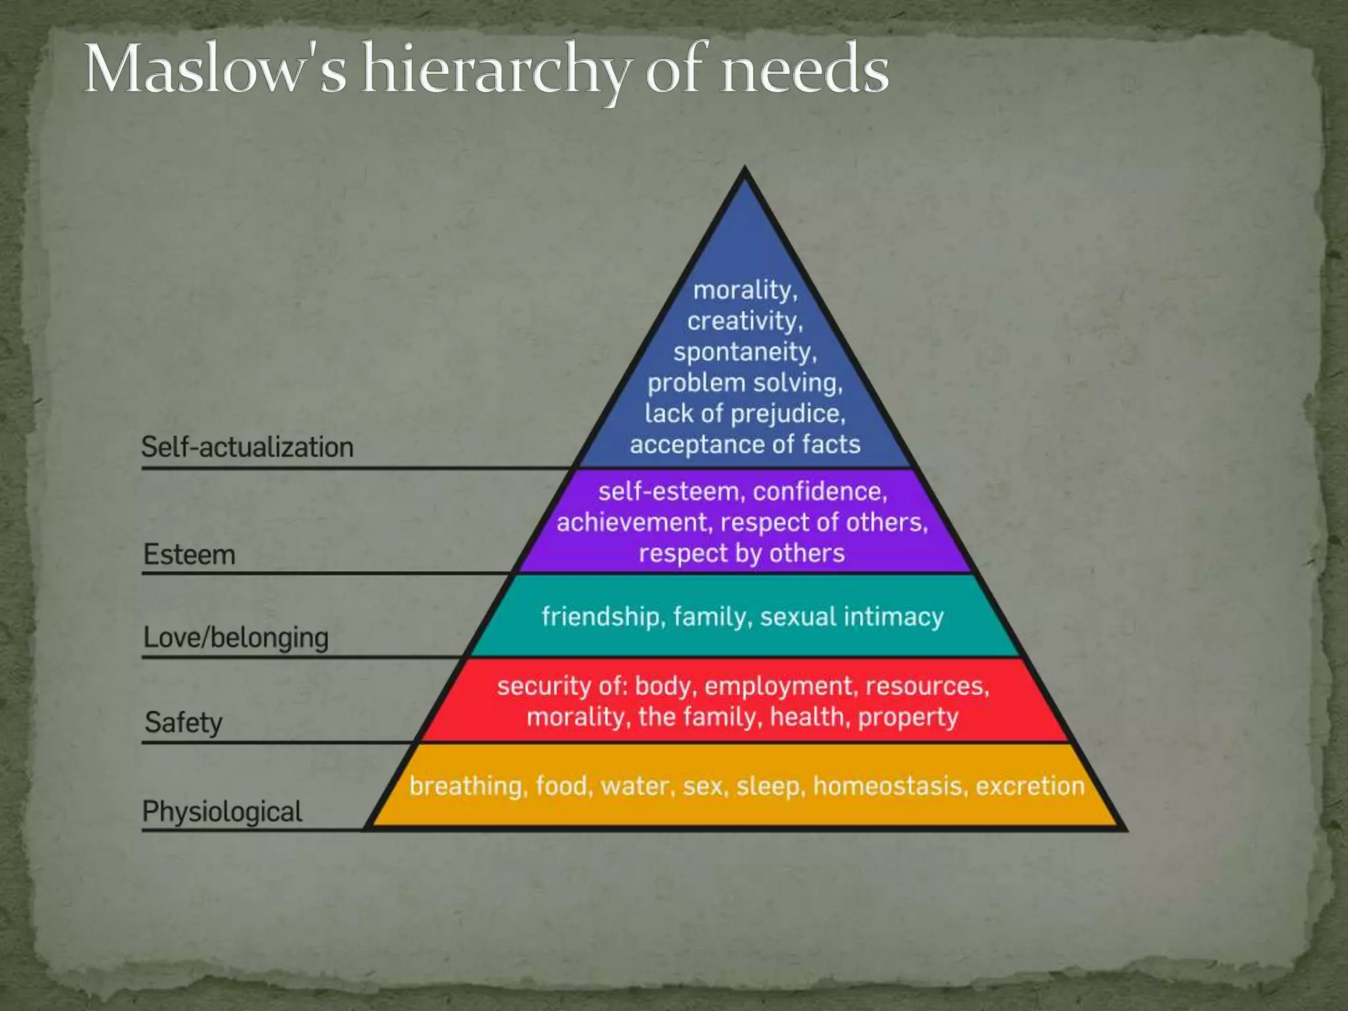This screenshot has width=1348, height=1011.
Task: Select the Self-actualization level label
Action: (247, 448)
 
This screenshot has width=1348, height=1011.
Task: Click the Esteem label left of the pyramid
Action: (190, 555)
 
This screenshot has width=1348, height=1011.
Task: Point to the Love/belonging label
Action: (236, 638)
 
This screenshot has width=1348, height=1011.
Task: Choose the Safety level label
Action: (184, 723)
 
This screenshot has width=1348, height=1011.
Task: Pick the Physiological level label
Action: (222, 812)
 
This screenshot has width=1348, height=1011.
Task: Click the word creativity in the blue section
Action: (744, 321)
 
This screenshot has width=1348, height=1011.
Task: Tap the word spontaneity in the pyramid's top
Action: (744, 352)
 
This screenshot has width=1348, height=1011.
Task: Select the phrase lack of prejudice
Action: (744, 414)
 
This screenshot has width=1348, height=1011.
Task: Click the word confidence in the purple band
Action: (819, 492)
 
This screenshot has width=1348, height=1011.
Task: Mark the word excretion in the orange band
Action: (1029, 786)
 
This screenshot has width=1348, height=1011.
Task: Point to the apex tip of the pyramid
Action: (744, 170)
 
